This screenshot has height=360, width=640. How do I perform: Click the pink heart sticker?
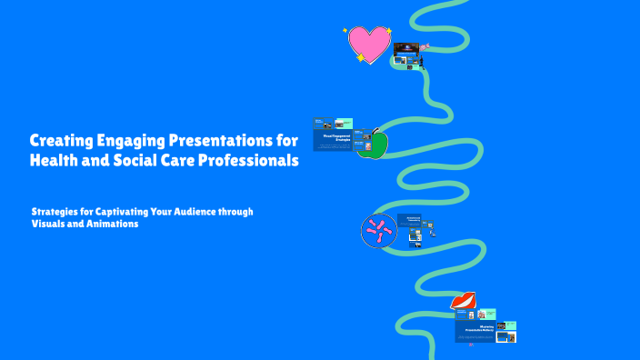click(x=369, y=44)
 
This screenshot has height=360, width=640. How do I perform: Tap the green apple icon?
click(x=372, y=144)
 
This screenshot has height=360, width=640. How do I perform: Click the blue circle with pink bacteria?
click(x=378, y=231)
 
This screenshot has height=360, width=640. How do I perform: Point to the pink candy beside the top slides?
click(x=424, y=46)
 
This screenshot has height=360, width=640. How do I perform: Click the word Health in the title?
click(x=56, y=161)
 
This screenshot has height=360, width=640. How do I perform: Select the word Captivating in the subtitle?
click(x=134, y=211)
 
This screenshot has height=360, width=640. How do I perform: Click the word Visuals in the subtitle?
click(x=51, y=224)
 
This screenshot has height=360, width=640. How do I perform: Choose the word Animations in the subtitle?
click(x=113, y=224)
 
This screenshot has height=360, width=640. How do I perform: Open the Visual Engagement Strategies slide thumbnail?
click(x=337, y=140)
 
